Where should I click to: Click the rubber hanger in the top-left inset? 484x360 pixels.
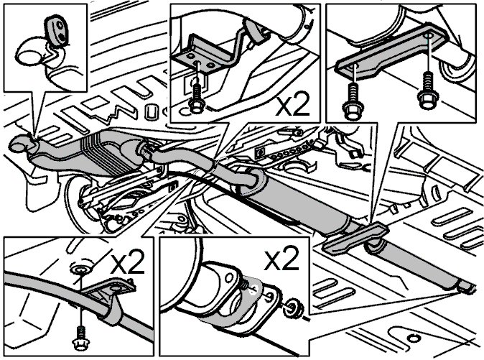[x=57, y=31]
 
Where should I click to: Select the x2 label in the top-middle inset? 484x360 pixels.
[x=292, y=106]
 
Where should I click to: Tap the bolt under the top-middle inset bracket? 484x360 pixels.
[x=196, y=99]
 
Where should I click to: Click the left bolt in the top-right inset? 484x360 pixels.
[x=353, y=102]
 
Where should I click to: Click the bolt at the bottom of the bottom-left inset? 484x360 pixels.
[x=81, y=338]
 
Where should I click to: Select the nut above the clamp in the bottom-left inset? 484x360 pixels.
[x=81, y=270]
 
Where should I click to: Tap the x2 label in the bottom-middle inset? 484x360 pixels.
[x=281, y=259]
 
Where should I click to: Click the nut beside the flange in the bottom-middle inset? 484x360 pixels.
[x=293, y=308]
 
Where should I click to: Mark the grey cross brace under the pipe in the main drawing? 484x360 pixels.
[x=355, y=239]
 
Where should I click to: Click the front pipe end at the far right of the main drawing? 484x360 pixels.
[x=465, y=287]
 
